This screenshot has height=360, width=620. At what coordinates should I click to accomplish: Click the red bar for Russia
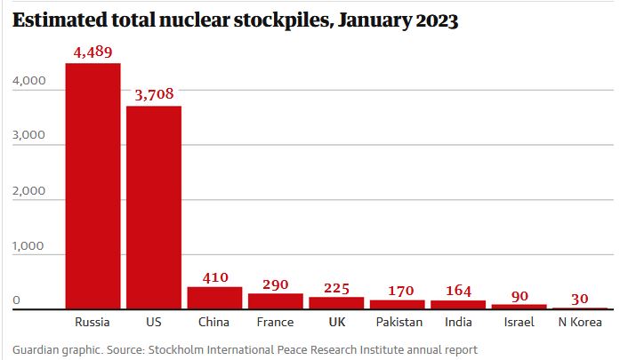(93, 187)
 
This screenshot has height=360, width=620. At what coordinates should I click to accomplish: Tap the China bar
(214, 298)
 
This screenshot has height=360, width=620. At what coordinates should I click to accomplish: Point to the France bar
(276, 301)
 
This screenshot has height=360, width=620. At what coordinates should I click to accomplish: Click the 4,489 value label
(93, 53)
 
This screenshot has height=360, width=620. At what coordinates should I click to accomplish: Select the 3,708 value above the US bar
(154, 94)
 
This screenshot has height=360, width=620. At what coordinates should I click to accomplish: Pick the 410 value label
(214, 276)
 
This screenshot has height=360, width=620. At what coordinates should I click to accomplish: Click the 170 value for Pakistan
(398, 290)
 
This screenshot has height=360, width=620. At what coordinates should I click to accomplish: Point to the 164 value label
(458, 290)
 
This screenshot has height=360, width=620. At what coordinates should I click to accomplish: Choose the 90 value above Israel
(519, 294)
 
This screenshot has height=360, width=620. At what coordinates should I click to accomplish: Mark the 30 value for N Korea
(580, 298)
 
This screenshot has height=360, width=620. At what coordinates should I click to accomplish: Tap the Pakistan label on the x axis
(398, 322)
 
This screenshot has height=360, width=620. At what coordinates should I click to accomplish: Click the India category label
(458, 322)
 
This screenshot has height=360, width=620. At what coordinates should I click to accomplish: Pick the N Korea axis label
(580, 322)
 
